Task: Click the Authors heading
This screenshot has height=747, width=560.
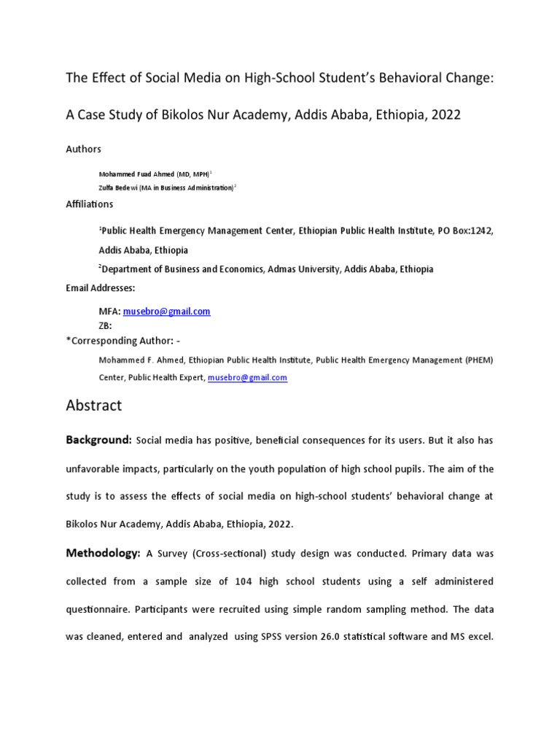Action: pyautogui.click(x=84, y=149)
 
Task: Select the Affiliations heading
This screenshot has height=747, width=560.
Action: pyautogui.click(x=90, y=204)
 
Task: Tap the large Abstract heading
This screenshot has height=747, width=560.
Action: pyautogui.click(x=94, y=405)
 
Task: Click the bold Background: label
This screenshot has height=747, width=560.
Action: pyautogui.click(x=98, y=441)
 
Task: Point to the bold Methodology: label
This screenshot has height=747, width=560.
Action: pyautogui.click(x=103, y=554)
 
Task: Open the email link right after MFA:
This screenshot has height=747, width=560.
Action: pyautogui.click(x=167, y=311)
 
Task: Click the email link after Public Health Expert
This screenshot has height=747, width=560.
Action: pyautogui.click(x=247, y=378)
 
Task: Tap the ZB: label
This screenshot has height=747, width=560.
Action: pyautogui.click(x=106, y=326)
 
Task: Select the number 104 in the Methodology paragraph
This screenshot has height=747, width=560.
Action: pyautogui.click(x=244, y=581)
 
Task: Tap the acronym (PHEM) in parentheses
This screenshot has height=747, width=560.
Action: pyautogui.click(x=480, y=360)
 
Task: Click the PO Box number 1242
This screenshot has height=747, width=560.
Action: pyautogui.click(x=481, y=231)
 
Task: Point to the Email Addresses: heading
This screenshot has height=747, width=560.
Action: pyautogui.click(x=101, y=288)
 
